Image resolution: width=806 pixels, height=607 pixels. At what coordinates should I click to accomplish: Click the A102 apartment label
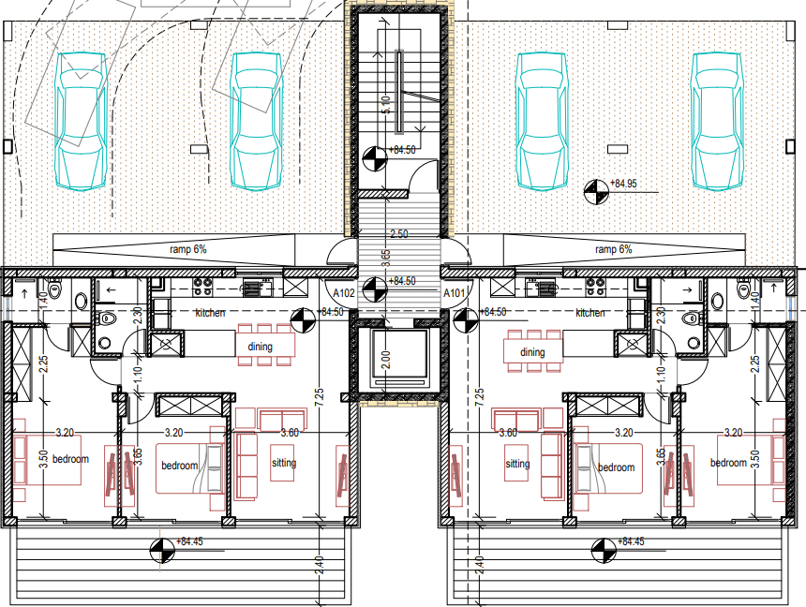point(344,293)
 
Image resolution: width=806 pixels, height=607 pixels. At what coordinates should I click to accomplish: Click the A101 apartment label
point(454,293)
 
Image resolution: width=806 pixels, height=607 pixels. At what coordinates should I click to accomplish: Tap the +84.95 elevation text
point(623,184)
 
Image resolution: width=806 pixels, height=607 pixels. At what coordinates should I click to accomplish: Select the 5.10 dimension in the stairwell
point(386,104)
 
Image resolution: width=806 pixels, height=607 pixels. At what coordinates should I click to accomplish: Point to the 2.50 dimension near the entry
point(399,234)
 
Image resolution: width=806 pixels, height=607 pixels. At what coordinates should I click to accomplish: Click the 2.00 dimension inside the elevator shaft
point(387,360)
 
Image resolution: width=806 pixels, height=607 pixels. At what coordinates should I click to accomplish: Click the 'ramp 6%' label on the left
point(188,249)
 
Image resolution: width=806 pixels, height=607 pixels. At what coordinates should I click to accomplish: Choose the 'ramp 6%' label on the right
point(613,249)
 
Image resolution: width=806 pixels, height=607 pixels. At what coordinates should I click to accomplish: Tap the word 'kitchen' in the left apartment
point(210,313)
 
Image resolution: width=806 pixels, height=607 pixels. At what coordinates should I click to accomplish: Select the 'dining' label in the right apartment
point(532,352)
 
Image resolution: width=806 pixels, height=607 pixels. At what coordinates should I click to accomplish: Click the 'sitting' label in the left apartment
point(284,463)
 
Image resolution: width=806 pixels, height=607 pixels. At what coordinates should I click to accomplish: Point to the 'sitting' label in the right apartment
point(517,464)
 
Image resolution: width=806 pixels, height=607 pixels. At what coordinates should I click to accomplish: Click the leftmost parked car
point(82,121)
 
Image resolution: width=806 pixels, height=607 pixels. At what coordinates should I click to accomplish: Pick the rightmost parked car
point(718,121)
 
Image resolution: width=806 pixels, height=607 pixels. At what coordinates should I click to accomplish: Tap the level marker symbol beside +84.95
point(596,192)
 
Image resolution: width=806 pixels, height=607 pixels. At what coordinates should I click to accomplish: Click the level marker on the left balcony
point(162,551)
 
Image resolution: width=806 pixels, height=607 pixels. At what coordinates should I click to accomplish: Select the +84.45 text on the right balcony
point(630,541)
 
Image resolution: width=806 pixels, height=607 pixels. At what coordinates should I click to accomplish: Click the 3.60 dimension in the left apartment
point(290,433)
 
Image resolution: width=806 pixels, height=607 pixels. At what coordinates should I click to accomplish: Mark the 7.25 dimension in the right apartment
point(480,397)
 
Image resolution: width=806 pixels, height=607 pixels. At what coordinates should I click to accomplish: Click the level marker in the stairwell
point(375,158)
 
